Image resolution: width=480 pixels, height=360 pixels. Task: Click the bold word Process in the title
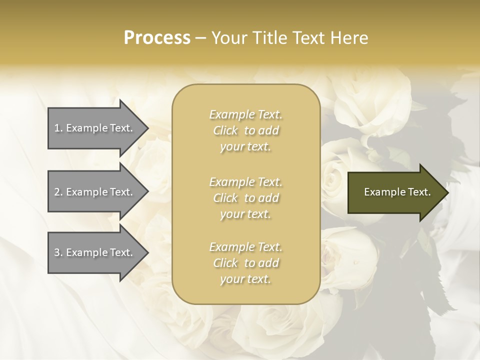pos(157,38)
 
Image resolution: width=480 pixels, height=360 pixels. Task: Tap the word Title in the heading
pos(270,38)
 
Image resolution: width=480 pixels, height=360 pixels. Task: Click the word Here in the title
pos(350,38)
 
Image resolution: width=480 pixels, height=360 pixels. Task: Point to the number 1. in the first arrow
pos(58,128)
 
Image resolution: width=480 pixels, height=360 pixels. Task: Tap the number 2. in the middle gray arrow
pos(58,192)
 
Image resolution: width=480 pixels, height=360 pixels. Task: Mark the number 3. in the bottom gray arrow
pos(58,252)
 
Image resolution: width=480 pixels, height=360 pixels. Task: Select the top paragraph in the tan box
pos(245,130)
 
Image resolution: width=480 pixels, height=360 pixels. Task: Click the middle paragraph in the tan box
pos(245,198)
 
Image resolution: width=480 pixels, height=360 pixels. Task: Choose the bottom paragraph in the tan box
pos(245,263)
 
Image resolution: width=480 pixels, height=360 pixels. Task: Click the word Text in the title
pos(310,38)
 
